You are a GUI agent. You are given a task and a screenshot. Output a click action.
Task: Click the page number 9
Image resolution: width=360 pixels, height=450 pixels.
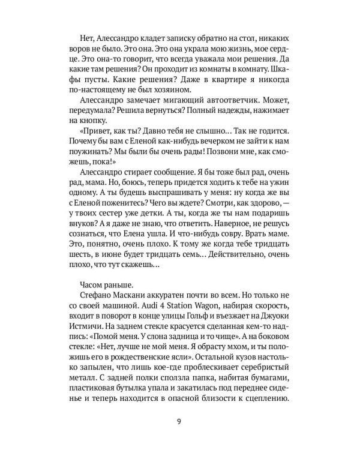179,419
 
